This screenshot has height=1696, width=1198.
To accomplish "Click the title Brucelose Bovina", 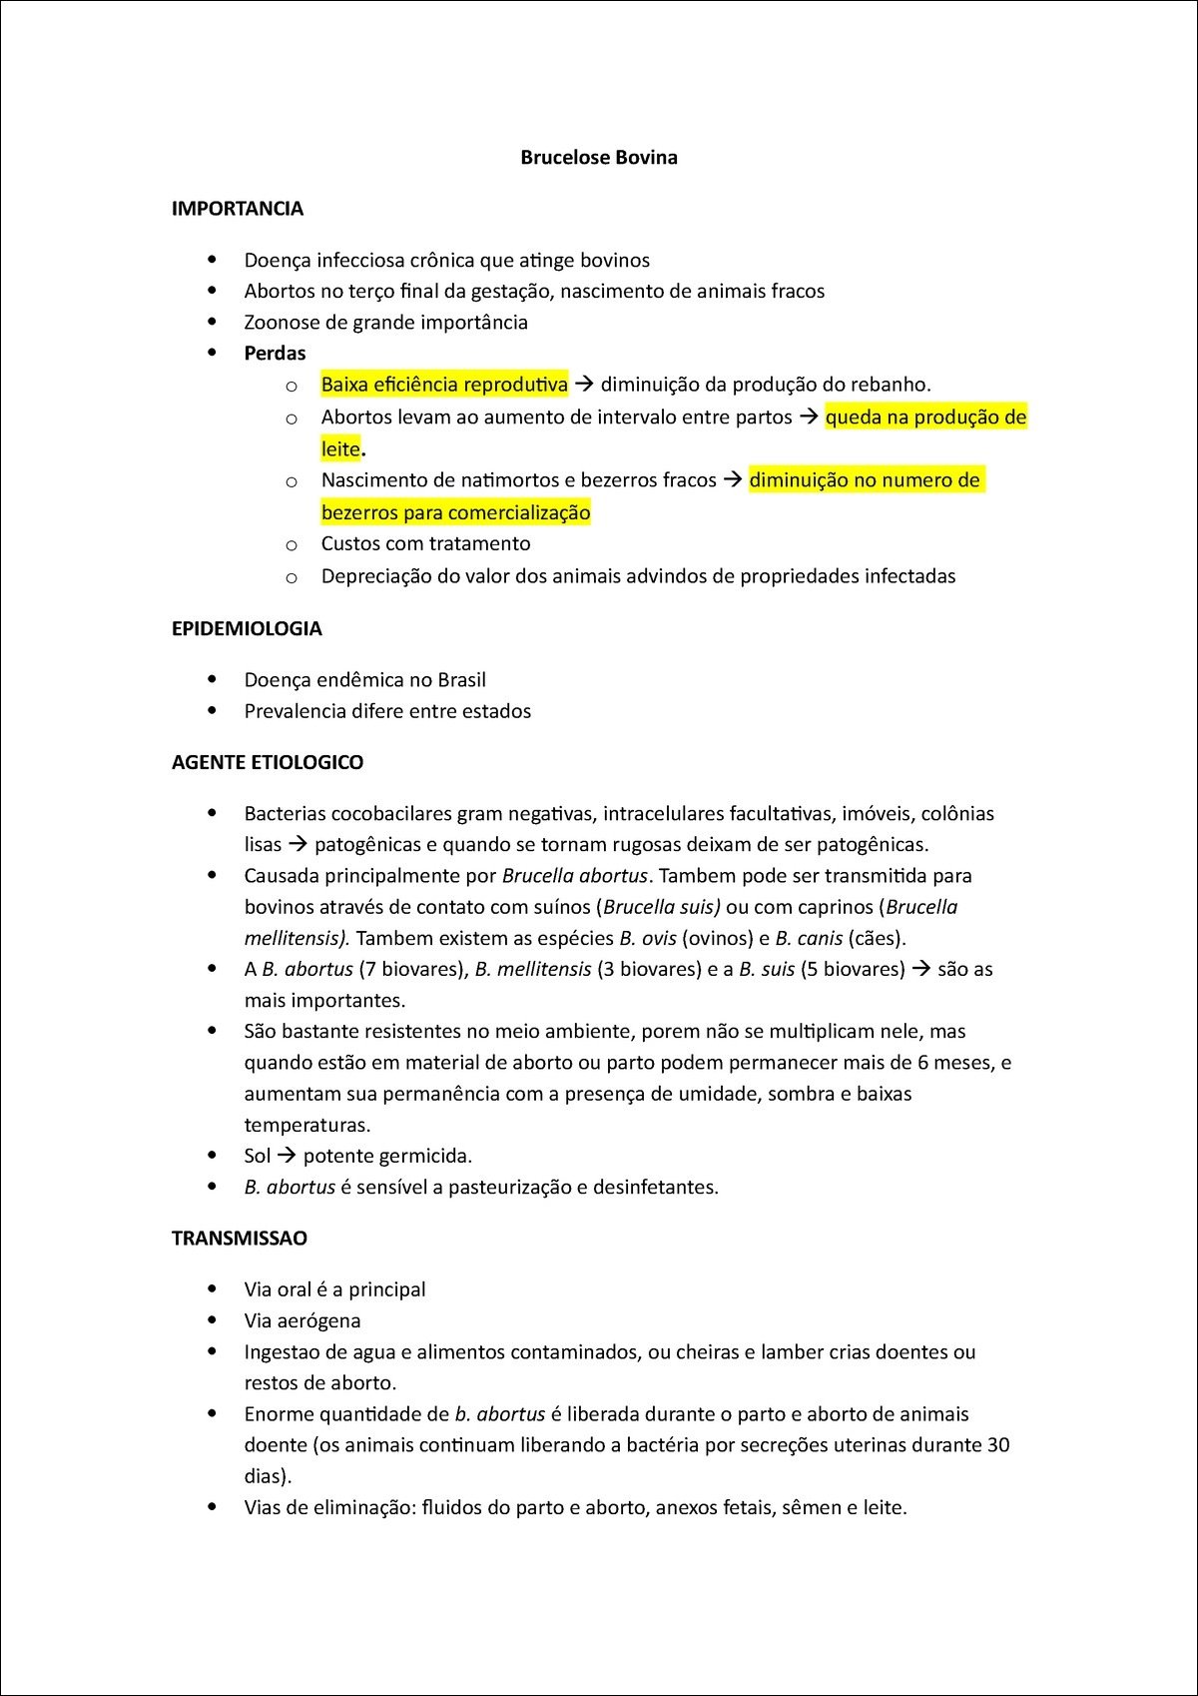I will pyautogui.click(x=598, y=158).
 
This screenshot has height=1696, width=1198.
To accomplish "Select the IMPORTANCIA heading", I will pyautogui.click(x=238, y=209).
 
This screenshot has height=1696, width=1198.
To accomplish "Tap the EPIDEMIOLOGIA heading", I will pyautogui.click(x=247, y=628).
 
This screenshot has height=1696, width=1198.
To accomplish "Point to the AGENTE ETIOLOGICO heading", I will pyautogui.click(x=268, y=762).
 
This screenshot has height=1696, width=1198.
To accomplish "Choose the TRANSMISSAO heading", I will pyautogui.click(x=240, y=1239).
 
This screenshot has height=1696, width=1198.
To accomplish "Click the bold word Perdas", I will pyautogui.click(x=275, y=354).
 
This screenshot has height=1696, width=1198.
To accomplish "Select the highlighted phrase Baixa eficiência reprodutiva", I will pyautogui.click(x=444, y=385).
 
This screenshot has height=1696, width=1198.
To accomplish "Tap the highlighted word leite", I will pyautogui.click(x=339, y=449).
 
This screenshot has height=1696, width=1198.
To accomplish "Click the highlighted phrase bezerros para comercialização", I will pyautogui.click(x=455, y=513).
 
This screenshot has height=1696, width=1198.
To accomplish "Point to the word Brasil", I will pyautogui.click(x=461, y=680).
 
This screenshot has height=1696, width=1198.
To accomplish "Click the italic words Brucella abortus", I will pyautogui.click(x=575, y=876).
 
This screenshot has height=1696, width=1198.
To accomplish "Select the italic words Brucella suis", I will pyautogui.click(x=662, y=907).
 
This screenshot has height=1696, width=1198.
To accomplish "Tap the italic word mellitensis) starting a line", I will pyautogui.click(x=297, y=938).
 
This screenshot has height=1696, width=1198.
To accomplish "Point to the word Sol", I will pyautogui.click(x=258, y=1156).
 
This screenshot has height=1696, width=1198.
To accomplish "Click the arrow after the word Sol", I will pyautogui.click(x=287, y=1156).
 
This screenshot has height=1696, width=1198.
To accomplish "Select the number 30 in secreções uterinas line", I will pyautogui.click(x=997, y=1445).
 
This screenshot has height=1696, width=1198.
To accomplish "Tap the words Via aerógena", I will pyautogui.click(x=302, y=1320).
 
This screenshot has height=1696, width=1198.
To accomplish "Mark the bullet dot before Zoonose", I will pyautogui.click(x=212, y=322).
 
